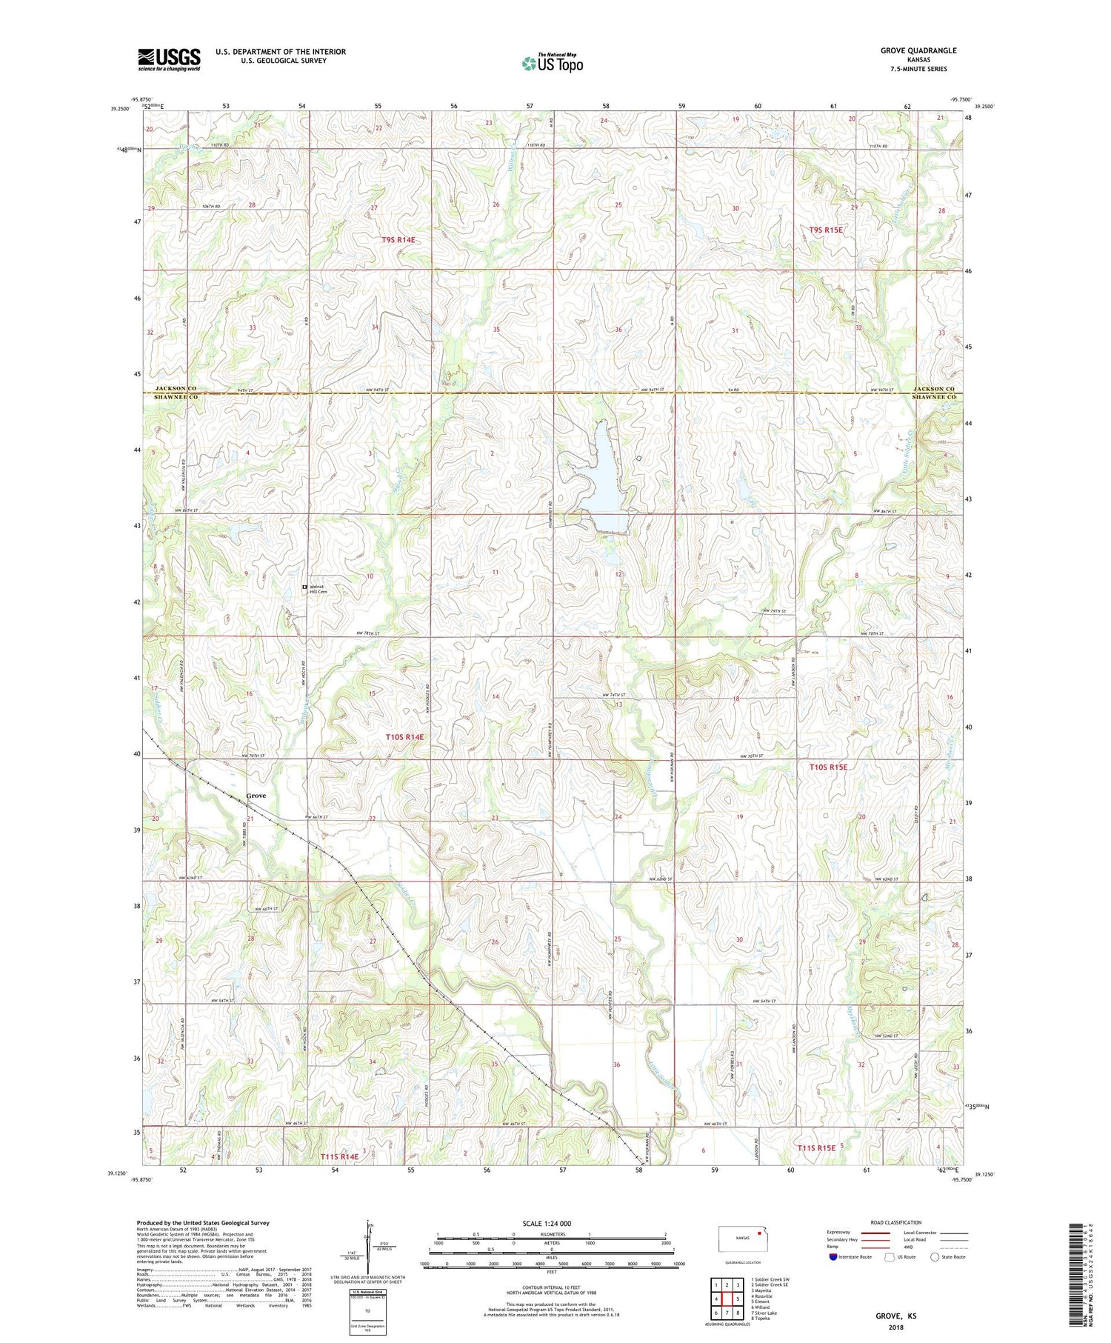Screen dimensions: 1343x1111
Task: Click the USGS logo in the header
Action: [x=169, y=59]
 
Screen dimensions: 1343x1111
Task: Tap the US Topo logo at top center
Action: [x=551, y=63]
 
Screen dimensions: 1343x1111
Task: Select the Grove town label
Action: [x=256, y=796]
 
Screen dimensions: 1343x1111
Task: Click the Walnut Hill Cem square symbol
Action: [x=304, y=588]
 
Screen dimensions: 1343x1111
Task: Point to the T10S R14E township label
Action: [x=404, y=737]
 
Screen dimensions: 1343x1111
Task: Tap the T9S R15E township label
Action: [x=826, y=230]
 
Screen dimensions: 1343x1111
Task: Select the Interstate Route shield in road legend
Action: [x=833, y=1257]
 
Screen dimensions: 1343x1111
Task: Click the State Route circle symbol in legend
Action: [x=935, y=1257]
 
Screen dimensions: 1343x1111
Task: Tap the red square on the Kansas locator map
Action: [x=758, y=1234]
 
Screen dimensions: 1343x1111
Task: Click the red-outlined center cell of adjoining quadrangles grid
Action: [x=738, y=1299]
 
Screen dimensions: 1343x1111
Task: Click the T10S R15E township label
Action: [x=827, y=767]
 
